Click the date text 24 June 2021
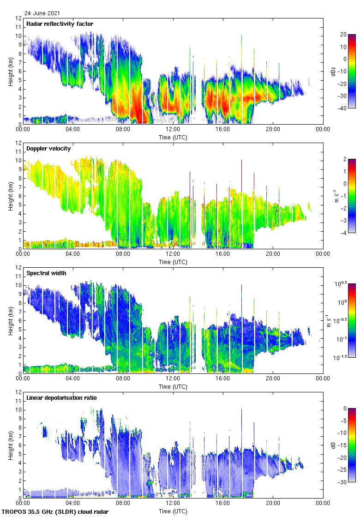(42, 13)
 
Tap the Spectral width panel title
(46, 273)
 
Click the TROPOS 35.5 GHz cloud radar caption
(55, 511)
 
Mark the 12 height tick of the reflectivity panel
(19, 18)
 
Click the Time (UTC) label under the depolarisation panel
(173, 511)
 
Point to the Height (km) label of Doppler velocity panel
(11, 196)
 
